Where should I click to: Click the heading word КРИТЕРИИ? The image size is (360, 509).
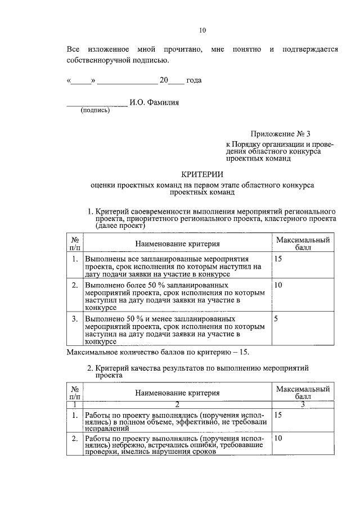202,174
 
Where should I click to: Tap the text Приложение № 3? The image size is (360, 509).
280,134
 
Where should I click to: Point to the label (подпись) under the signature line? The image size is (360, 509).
96,110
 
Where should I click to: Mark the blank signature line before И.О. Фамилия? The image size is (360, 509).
97,103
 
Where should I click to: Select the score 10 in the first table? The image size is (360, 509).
278,285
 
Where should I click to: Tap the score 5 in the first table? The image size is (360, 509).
276,318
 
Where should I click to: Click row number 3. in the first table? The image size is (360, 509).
75,318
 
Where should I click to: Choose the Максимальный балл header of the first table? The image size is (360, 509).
302,244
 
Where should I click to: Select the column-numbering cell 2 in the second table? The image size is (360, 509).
176,404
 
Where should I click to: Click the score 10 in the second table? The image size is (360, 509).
278,437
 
